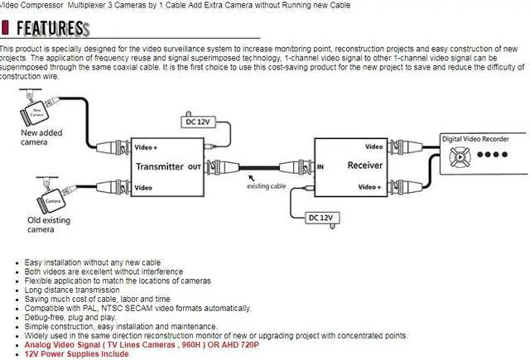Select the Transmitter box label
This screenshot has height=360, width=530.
pyautogui.click(x=160, y=166)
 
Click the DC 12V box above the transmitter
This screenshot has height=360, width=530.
pyautogui.click(x=197, y=122)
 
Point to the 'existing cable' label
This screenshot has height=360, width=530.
pyautogui.click(x=264, y=186)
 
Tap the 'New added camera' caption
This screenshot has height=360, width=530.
pyautogui.click(x=39, y=137)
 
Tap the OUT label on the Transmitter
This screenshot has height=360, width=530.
pyautogui.click(x=195, y=167)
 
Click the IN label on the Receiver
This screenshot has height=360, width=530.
pyautogui.click(x=320, y=166)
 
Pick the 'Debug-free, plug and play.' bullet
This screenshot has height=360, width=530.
pyautogui.click(x=71, y=317)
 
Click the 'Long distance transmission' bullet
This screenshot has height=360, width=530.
pyautogui.click(x=73, y=290)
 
